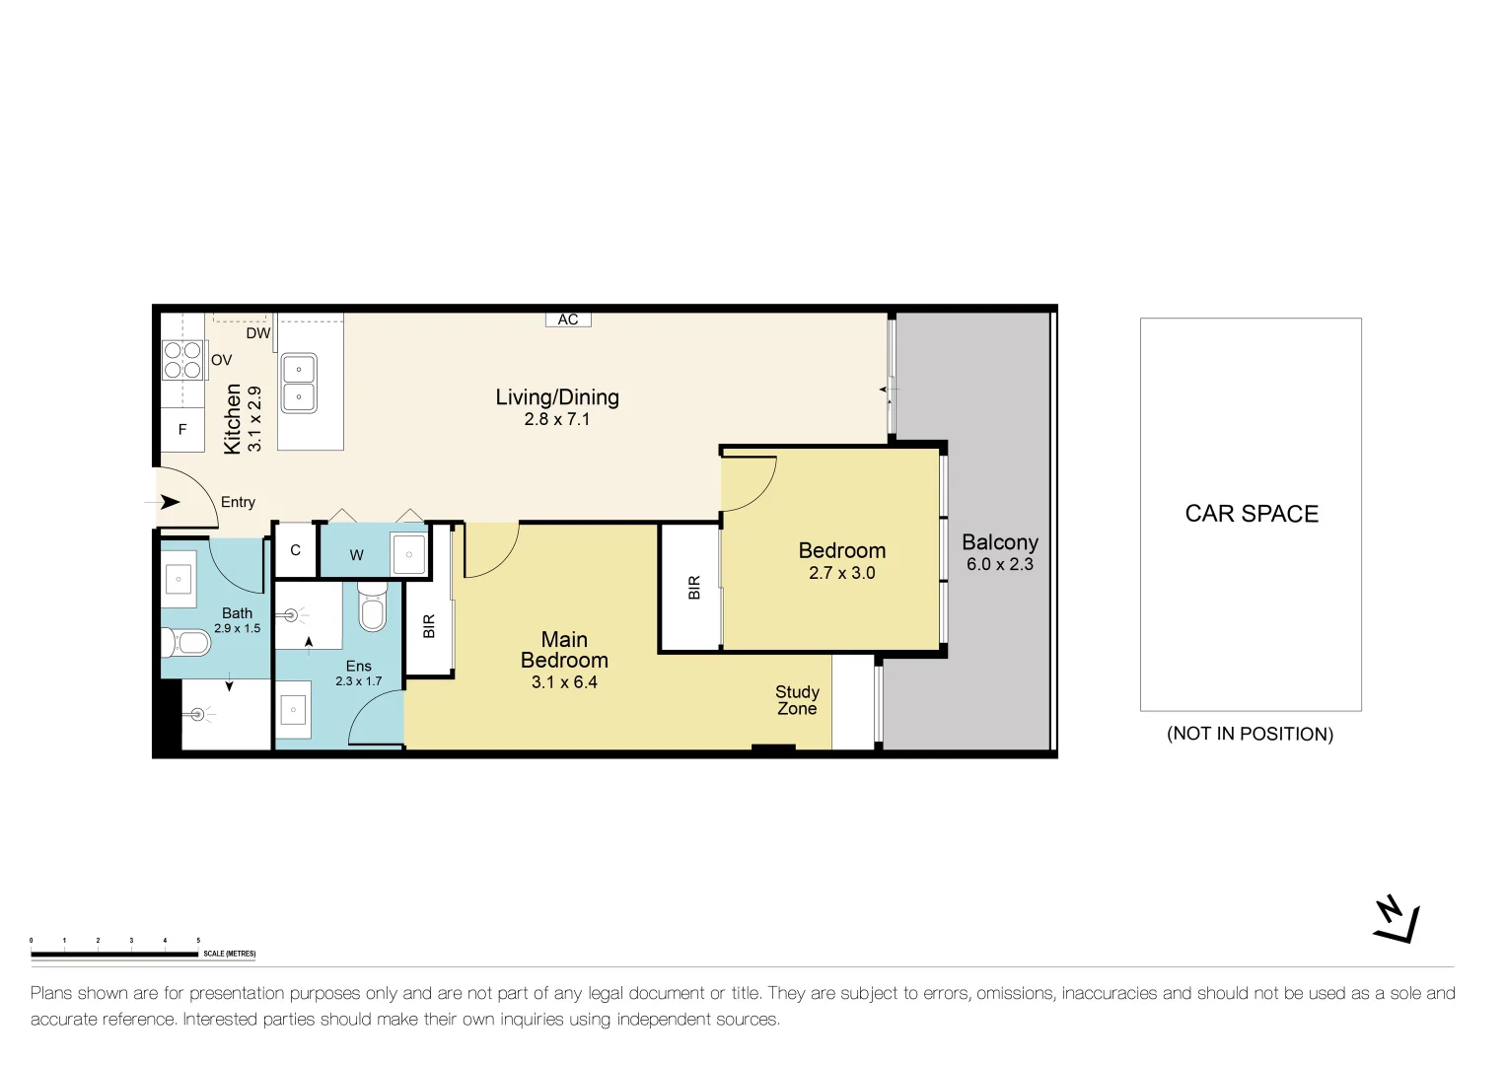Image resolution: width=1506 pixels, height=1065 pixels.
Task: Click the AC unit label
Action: click(568, 319)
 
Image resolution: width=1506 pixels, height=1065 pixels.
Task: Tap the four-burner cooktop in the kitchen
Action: click(182, 360)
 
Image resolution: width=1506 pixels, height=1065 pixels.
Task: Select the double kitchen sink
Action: click(299, 383)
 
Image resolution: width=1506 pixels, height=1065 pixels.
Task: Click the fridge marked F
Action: click(182, 429)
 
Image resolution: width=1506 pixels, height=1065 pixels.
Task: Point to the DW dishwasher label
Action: click(258, 333)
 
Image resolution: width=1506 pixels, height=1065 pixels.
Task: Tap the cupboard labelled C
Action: click(295, 550)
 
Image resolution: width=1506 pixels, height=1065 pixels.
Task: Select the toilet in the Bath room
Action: click(186, 643)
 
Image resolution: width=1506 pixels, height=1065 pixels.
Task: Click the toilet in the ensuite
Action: click(371, 605)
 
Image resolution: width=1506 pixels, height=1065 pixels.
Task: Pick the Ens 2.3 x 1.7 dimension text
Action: click(359, 681)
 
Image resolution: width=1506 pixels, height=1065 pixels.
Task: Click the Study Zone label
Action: click(797, 700)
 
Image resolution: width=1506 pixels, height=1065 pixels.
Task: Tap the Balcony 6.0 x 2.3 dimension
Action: click(1000, 564)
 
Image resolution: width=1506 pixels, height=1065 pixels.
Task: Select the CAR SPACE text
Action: click(1252, 514)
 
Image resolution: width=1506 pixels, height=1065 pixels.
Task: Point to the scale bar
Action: click(114, 955)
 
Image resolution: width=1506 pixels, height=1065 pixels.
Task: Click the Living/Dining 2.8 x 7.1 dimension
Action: click(557, 419)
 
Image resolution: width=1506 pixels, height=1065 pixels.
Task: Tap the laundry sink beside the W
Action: click(408, 554)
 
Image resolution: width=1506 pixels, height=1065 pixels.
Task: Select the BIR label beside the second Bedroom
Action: click(694, 587)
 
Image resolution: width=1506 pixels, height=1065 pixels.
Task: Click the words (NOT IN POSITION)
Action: click(1250, 734)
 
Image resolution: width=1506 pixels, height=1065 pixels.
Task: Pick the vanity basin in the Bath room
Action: click(179, 579)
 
